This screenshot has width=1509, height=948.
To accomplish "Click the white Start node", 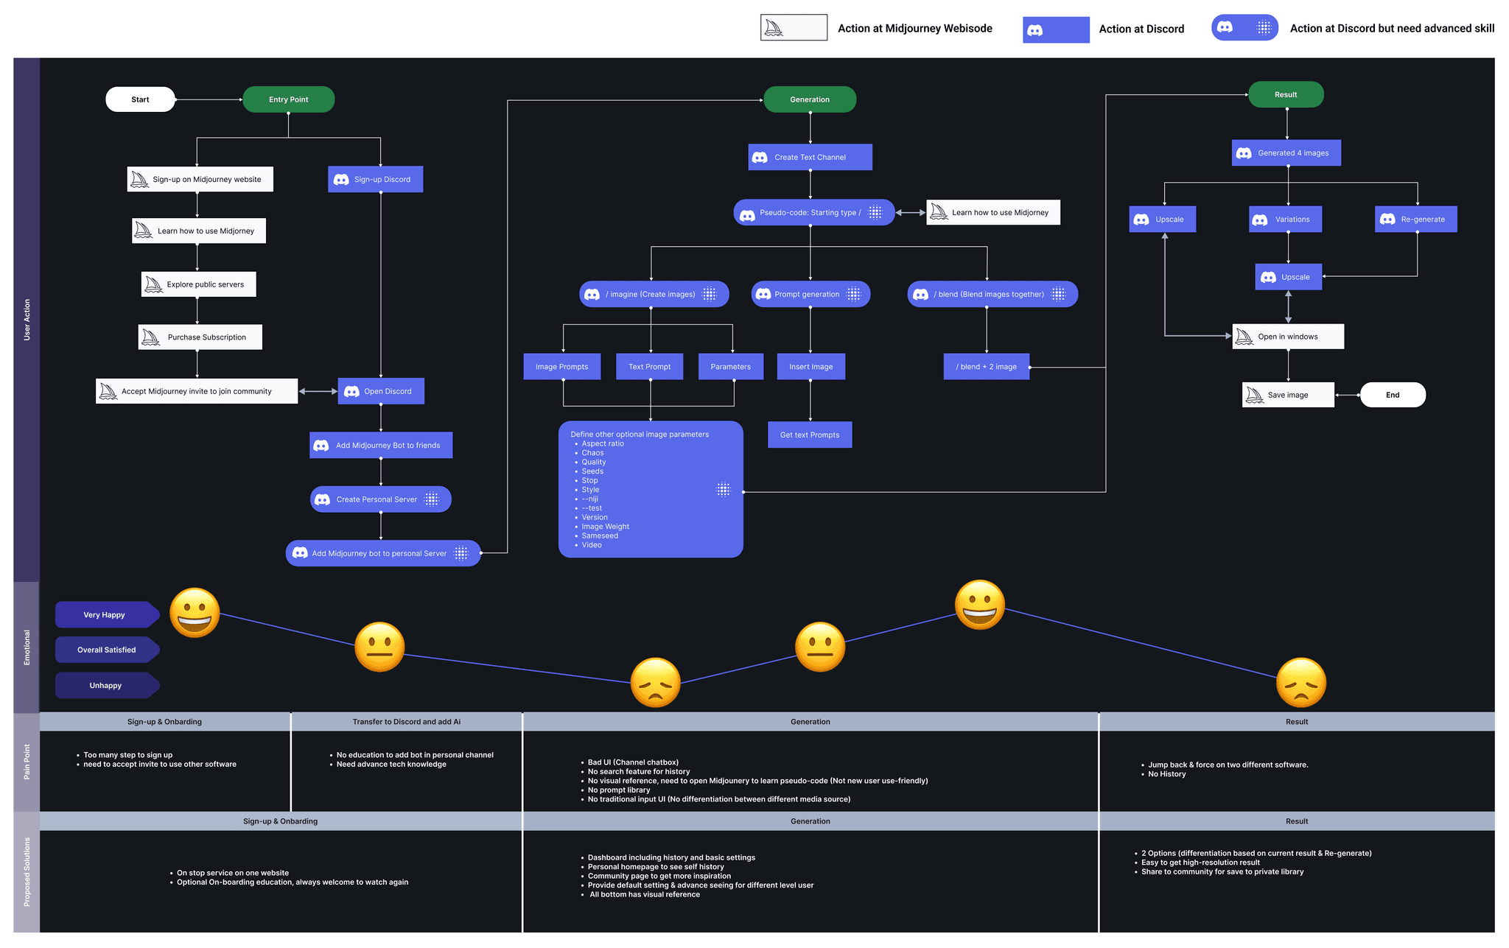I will click(140, 99).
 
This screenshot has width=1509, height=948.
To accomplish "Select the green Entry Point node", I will click(288, 99).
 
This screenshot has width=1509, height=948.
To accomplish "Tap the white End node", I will click(1392, 395).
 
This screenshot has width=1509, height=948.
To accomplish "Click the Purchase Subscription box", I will click(200, 337).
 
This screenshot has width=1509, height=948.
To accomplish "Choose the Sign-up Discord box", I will click(375, 179).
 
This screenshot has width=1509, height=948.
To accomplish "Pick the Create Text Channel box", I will click(810, 157).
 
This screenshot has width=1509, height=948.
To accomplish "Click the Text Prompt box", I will click(649, 367).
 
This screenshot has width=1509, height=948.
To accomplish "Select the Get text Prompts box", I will click(810, 435).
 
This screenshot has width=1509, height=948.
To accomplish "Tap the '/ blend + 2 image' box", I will click(986, 367).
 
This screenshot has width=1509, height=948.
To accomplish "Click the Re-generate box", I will click(1415, 220).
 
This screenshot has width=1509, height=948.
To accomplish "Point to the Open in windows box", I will click(1287, 337).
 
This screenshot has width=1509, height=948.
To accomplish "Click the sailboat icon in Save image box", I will click(1254, 396).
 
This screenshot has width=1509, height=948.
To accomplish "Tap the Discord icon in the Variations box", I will click(1260, 220).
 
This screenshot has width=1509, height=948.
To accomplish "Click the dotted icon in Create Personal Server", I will click(432, 499).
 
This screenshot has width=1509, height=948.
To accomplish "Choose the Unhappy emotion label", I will click(105, 686).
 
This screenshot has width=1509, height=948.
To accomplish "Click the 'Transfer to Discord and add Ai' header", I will click(406, 722).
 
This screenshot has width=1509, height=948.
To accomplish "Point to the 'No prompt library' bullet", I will click(619, 790).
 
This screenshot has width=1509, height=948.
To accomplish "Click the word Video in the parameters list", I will click(592, 545).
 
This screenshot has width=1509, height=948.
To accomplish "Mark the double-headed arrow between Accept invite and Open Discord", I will click(318, 391).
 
